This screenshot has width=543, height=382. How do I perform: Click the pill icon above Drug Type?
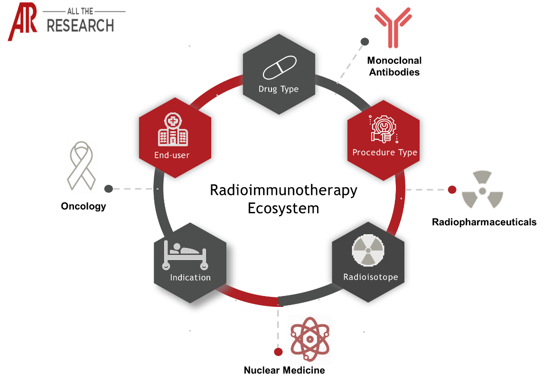click(x=280, y=67)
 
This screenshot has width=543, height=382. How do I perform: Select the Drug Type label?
click(x=279, y=89)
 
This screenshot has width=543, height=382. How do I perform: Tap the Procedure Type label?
click(x=384, y=153)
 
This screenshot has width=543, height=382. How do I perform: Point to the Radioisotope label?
click(x=370, y=277)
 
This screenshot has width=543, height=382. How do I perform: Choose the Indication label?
click(x=190, y=277)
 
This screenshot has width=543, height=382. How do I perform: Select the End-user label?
click(x=171, y=155)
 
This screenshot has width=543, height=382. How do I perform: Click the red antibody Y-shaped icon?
click(x=393, y=27)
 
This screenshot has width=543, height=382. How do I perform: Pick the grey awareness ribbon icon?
click(x=82, y=166)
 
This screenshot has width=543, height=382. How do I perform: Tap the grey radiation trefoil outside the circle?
click(x=482, y=191)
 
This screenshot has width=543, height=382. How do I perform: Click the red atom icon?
click(x=309, y=339)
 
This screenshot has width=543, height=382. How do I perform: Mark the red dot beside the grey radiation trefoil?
click(x=452, y=190)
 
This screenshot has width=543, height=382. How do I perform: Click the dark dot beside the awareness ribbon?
click(x=109, y=189)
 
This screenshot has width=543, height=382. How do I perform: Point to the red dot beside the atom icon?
click(x=279, y=352)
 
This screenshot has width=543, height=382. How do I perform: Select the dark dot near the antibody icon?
click(x=365, y=42)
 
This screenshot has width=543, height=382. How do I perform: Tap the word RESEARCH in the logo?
click(x=80, y=25)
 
